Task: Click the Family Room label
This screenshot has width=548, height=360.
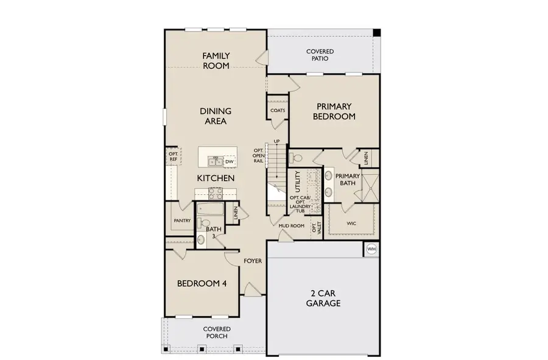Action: tap(216, 61)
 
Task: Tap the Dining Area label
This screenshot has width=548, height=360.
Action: tap(216, 116)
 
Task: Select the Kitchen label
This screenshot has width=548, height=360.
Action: tap(216, 178)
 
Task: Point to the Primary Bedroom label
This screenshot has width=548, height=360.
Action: tap(334, 111)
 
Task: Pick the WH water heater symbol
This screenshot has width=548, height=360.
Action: tap(371, 250)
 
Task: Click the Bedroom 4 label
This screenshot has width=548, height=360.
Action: tap(202, 283)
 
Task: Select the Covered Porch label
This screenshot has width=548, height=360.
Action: tap(217, 333)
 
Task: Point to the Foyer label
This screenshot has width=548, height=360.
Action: tap(253, 261)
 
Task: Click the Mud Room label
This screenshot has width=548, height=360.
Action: tap(291, 226)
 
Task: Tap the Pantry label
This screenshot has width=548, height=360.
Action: tap(182, 221)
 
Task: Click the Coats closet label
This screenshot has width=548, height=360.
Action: tap(278, 111)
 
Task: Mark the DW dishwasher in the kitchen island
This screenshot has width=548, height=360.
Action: tap(230, 162)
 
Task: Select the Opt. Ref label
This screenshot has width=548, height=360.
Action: tap(173, 157)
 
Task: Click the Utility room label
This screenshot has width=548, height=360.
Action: tap(298, 182)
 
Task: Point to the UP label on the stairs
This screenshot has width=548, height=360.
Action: tap(277, 141)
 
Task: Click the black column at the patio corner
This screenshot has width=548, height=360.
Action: tap(376, 32)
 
